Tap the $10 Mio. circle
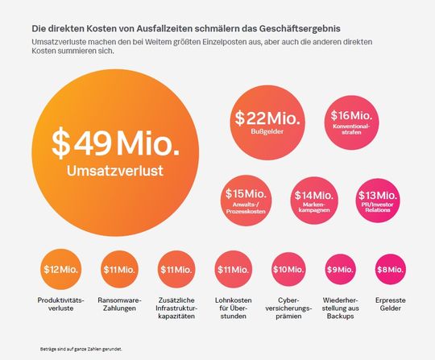tap(288, 269)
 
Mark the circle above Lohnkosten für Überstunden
tap(234, 269)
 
